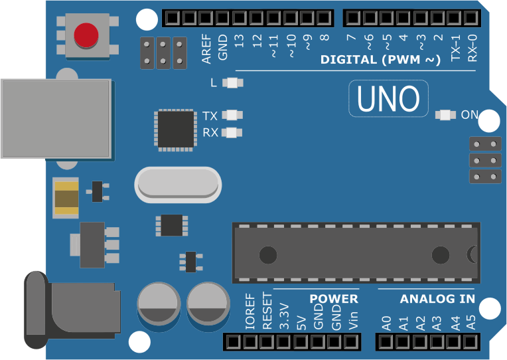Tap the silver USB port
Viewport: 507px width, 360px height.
click(56, 119)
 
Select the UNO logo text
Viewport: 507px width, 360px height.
click(388, 98)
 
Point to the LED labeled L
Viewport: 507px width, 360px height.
click(232, 83)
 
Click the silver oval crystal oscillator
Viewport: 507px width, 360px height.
click(177, 185)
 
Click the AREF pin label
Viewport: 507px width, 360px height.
click(206, 48)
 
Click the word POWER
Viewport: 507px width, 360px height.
click(334, 299)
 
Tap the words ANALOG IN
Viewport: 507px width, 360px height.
click(437, 299)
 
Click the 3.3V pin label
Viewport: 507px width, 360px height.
click(284, 317)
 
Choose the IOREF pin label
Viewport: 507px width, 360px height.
click(250, 311)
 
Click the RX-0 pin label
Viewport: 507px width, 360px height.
click(472, 47)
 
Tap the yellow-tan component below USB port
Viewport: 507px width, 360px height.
click(66, 199)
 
